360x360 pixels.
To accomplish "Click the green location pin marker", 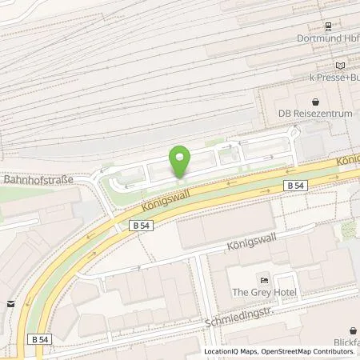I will tap(180, 160).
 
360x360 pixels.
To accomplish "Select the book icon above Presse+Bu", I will tap(342, 65).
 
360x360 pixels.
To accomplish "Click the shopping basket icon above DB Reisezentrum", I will tap(315, 102).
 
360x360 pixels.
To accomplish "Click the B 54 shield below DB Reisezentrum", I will tap(295, 185).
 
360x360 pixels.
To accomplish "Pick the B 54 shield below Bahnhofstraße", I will tap(141, 226).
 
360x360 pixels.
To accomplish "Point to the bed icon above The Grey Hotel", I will tap(264, 279).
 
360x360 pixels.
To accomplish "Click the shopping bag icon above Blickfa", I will tap(351, 330).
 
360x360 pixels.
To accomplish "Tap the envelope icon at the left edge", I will tap(10, 303).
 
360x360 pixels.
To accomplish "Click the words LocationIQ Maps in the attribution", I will tap(232, 351).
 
